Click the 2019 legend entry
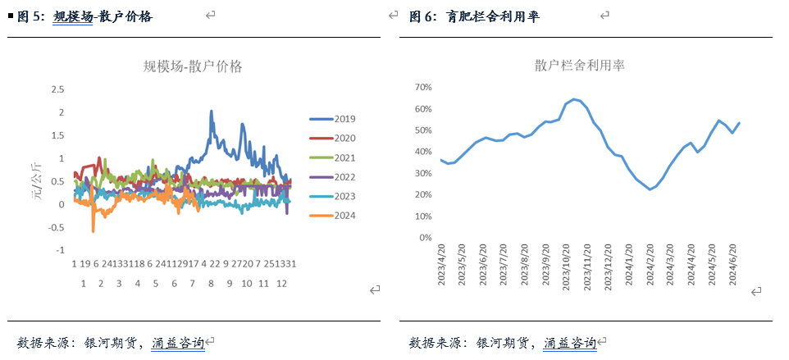pos(339,119)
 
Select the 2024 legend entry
pos(339,216)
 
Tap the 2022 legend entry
pos(339,177)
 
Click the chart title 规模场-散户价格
pos(193,66)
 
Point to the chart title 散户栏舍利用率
pos(579,65)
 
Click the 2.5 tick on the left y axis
pos(57,89)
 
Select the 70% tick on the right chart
pos(423,87)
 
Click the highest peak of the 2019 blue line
pos(211,111)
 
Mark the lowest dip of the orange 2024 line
pos(93,231)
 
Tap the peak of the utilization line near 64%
pos(574,99)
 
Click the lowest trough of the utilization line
pos(650,189)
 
